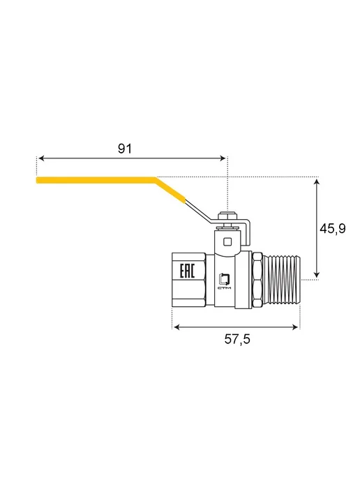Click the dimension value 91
click(125, 149)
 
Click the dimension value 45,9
click(333, 228)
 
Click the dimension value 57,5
click(237, 339)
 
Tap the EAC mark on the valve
click(187, 271)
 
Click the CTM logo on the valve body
click(225, 281)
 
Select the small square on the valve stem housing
click(227, 242)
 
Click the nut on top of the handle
click(228, 216)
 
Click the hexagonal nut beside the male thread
click(257, 280)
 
